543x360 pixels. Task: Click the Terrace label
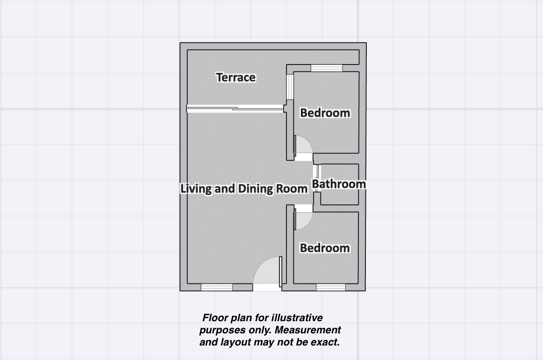point(236,77)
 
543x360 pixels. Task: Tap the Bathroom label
point(339,184)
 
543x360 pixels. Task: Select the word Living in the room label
point(196,188)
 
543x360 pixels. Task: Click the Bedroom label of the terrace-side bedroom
point(325,113)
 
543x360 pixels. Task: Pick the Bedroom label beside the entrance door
point(325,248)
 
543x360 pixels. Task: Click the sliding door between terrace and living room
point(235,109)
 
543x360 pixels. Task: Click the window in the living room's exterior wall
point(217,287)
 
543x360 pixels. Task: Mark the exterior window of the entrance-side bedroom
point(331,287)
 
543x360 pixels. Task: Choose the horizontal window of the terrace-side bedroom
point(327,68)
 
